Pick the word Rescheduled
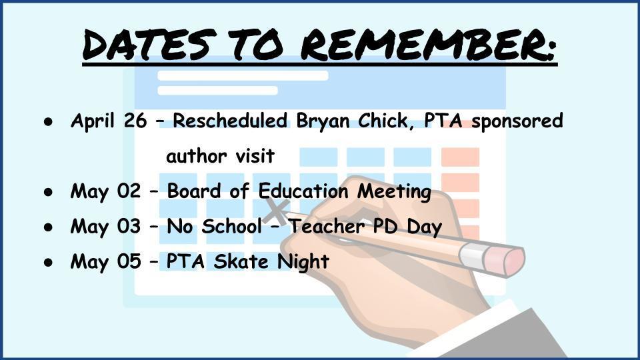230,121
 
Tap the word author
196,156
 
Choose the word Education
303,191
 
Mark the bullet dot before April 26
49,122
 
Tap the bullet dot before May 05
49,263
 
